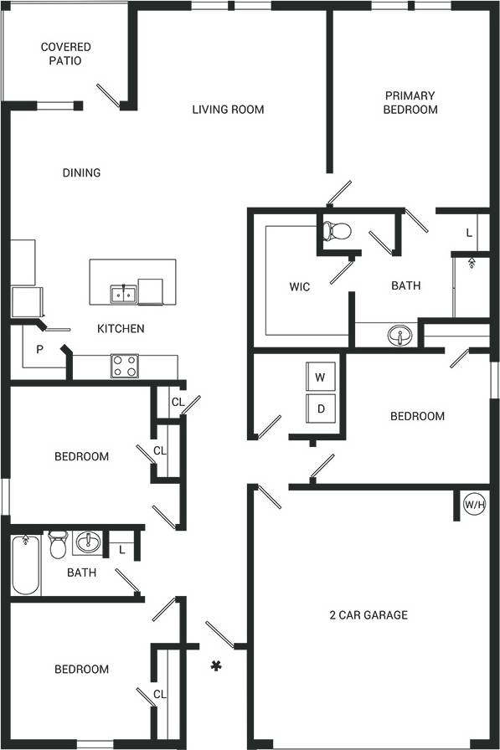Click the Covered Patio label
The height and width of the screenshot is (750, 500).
point(65,54)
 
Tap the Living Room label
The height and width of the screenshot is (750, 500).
point(228,109)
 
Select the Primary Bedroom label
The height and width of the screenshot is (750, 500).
point(410,102)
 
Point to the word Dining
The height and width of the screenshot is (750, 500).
point(81,172)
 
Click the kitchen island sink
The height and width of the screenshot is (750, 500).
point(123,293)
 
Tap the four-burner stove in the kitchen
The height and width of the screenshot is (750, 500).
point(125,366)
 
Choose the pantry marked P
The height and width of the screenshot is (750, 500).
point(39,349)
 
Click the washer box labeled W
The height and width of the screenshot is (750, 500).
point(319,377)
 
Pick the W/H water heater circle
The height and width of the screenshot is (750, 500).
point(476,505)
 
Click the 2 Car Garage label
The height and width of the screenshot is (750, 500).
point(368,614)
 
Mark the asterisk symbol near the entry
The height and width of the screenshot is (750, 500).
point(216,665)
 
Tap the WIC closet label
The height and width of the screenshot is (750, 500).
point(299,286)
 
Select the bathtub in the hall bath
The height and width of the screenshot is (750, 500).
point(25,565)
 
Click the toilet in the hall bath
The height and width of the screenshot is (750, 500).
point(58,545)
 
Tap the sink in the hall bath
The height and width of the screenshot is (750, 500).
point(87,543)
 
